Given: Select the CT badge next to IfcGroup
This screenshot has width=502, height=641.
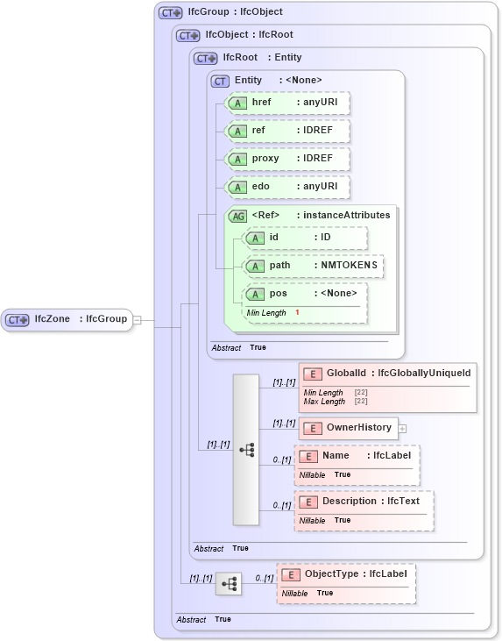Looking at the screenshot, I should coord(170,13).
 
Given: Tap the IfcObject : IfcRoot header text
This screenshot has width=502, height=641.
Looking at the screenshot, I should coord(249,35).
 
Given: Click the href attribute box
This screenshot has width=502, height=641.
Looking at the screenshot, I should coord(287,103).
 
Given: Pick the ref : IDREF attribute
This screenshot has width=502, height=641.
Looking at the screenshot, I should coord(287,131).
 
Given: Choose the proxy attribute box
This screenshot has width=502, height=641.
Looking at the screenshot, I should coord(287,159).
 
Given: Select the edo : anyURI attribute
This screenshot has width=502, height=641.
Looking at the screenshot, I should coord(287,187).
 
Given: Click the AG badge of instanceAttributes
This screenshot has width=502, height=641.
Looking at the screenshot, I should coord(237,216).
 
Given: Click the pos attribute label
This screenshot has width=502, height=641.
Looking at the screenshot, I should coord(278,294).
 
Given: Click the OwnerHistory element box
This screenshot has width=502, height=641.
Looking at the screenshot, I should coord(349,428).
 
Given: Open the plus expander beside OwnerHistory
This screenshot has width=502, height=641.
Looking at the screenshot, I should coord(403,428).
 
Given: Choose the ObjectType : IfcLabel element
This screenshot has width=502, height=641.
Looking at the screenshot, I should coord(346,573).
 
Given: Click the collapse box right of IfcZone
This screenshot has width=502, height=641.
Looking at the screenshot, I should coord(137,319).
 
